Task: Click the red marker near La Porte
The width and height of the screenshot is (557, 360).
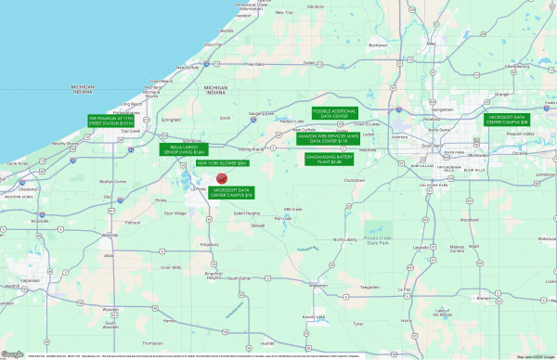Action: pos(222,179)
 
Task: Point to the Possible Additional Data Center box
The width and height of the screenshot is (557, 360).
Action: pos(335,112)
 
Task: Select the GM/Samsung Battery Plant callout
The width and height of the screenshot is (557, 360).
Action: pos(330,159)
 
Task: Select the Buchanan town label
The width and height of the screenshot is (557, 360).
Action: pos(377,44)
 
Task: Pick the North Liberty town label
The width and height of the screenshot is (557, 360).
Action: pos(345,238)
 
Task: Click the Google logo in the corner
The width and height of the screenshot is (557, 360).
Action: pos(12,354)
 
